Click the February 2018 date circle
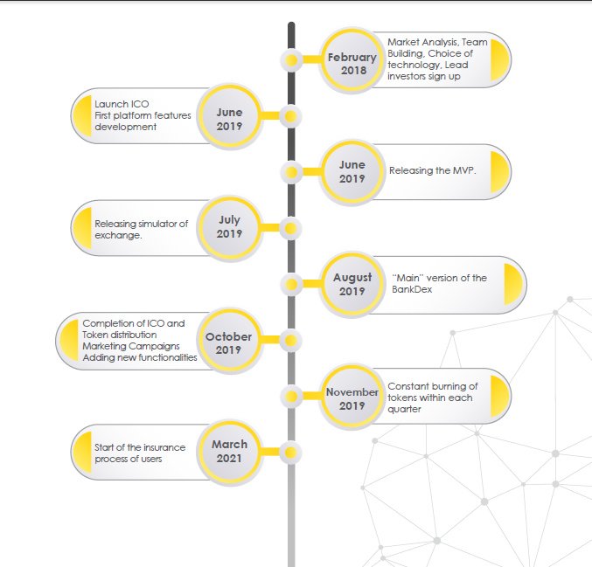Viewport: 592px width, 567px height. (x=352, y=61)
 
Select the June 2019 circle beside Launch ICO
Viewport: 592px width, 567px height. (x=230, y=116)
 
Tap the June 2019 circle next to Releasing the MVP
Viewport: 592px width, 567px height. (x=352, y=172)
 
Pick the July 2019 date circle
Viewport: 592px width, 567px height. (x=230, y=228)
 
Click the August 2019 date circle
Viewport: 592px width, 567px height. (x=352, y=284)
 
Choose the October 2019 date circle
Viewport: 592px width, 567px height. (x=230, y=340)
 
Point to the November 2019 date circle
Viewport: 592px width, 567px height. (x=352, y=397)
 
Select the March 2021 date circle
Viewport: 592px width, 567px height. (x=230, y=453)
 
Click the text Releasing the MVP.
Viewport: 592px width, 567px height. (x=433, y=170)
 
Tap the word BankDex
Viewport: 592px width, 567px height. (x=412, y=289)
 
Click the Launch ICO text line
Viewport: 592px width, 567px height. (x=122, y=104)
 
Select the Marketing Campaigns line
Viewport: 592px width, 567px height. (x=131, y=346)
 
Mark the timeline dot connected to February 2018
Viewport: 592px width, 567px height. (x=291, y=60)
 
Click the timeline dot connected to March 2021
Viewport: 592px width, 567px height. (x=290, y=453)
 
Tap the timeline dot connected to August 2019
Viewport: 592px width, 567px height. (x=291, y=284)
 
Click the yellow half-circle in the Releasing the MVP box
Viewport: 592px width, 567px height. (x=499, y=172)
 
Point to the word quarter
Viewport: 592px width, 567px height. (x=404, y=410)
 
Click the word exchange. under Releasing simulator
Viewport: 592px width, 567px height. (x=119, y=235)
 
